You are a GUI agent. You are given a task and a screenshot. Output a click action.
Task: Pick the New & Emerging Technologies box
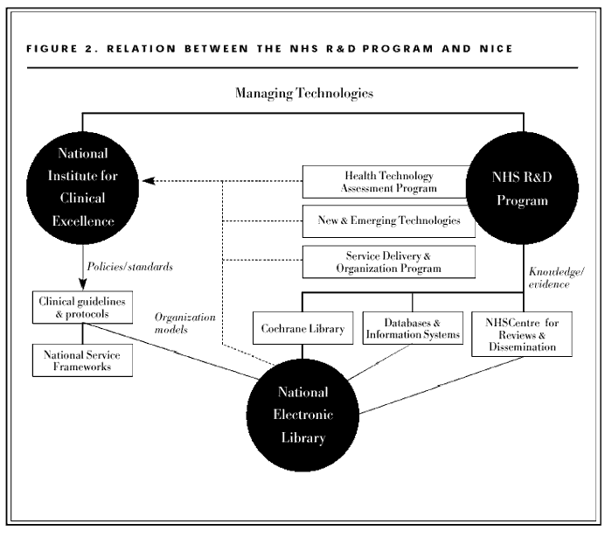point(389,221)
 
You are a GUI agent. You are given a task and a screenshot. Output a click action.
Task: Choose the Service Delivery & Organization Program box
point(389,262)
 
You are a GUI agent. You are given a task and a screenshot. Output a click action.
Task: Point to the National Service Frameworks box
point(82,359)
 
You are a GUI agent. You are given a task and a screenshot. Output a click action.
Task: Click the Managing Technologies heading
point(303,92)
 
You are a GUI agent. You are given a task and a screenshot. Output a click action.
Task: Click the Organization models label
point(180,323)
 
